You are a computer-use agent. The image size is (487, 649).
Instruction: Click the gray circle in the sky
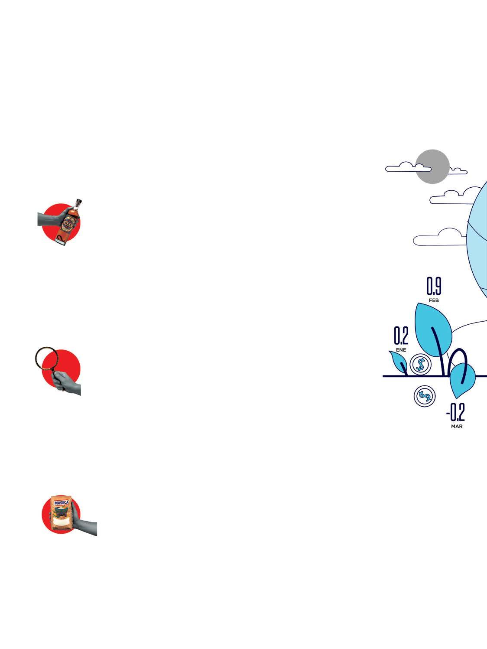click(432, 166)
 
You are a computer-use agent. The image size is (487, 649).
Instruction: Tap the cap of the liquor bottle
click(78, 202)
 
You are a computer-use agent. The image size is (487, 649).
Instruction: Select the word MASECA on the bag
click(61, 503)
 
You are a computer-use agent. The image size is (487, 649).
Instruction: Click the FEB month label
click(434, 300)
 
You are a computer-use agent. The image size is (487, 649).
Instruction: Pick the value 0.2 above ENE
click(401, 336)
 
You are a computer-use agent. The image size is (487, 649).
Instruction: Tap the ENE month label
click(401, 349)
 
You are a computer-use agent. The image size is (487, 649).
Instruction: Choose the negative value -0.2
click(456, 413)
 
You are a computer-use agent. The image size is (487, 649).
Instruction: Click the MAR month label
click(457, 427)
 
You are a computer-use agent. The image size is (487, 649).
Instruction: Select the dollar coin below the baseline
click(425, 396)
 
